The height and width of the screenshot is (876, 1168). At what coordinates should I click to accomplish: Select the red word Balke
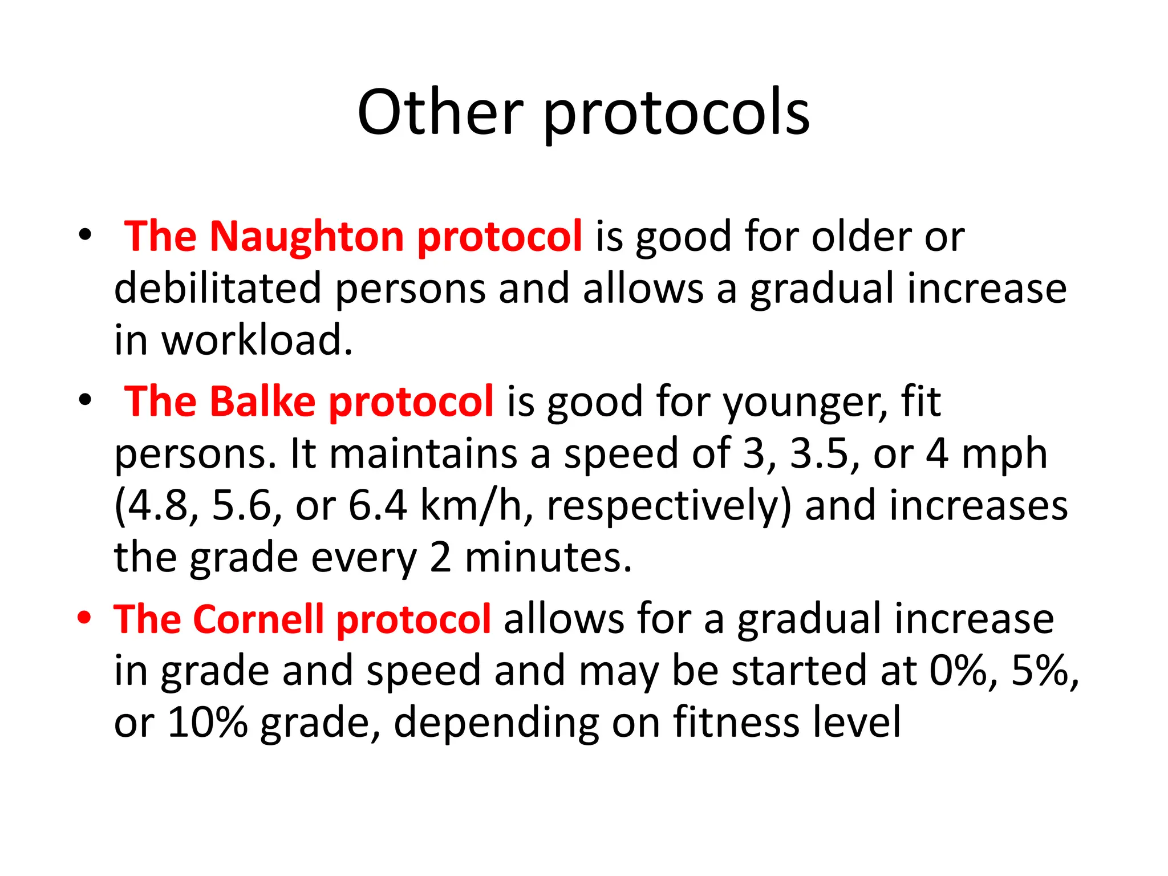click(262, 402)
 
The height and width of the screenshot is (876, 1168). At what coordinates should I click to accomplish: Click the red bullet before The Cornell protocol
click(84, 618)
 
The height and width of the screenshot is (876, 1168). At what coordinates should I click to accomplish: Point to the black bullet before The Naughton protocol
click(85, 235)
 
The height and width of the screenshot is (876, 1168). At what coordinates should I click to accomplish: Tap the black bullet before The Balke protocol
click(85, 400)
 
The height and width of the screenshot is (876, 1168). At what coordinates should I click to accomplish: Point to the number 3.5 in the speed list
click(819, 454)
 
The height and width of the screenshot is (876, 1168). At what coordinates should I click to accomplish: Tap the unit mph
click(1004, 455)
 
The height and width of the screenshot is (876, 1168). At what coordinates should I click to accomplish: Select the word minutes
click(548, 558)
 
